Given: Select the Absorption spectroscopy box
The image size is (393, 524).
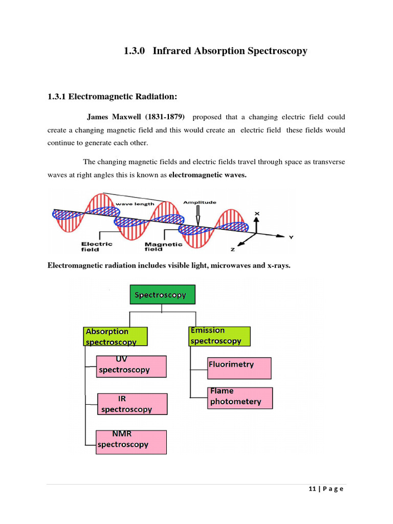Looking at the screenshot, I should coord(115,336).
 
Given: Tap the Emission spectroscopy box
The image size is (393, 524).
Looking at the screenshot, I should coord(219,336).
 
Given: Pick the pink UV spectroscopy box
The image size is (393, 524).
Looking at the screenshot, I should coord(132,366).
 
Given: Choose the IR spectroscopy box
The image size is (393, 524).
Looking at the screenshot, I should coord(133,403).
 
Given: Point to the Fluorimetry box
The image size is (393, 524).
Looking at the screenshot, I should coord(239,367).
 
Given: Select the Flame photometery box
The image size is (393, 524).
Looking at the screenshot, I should coord(241,397).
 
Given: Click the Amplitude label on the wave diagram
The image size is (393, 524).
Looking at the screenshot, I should coord(200,203).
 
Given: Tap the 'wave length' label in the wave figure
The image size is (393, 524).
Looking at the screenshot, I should coord(135,204).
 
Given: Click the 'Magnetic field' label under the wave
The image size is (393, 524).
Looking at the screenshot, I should coord(164,247).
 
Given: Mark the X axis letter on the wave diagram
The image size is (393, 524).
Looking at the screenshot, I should coord(257,213).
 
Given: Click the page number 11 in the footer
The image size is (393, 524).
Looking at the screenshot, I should coord(311,489).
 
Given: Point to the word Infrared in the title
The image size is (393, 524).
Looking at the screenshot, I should coord(174,51).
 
